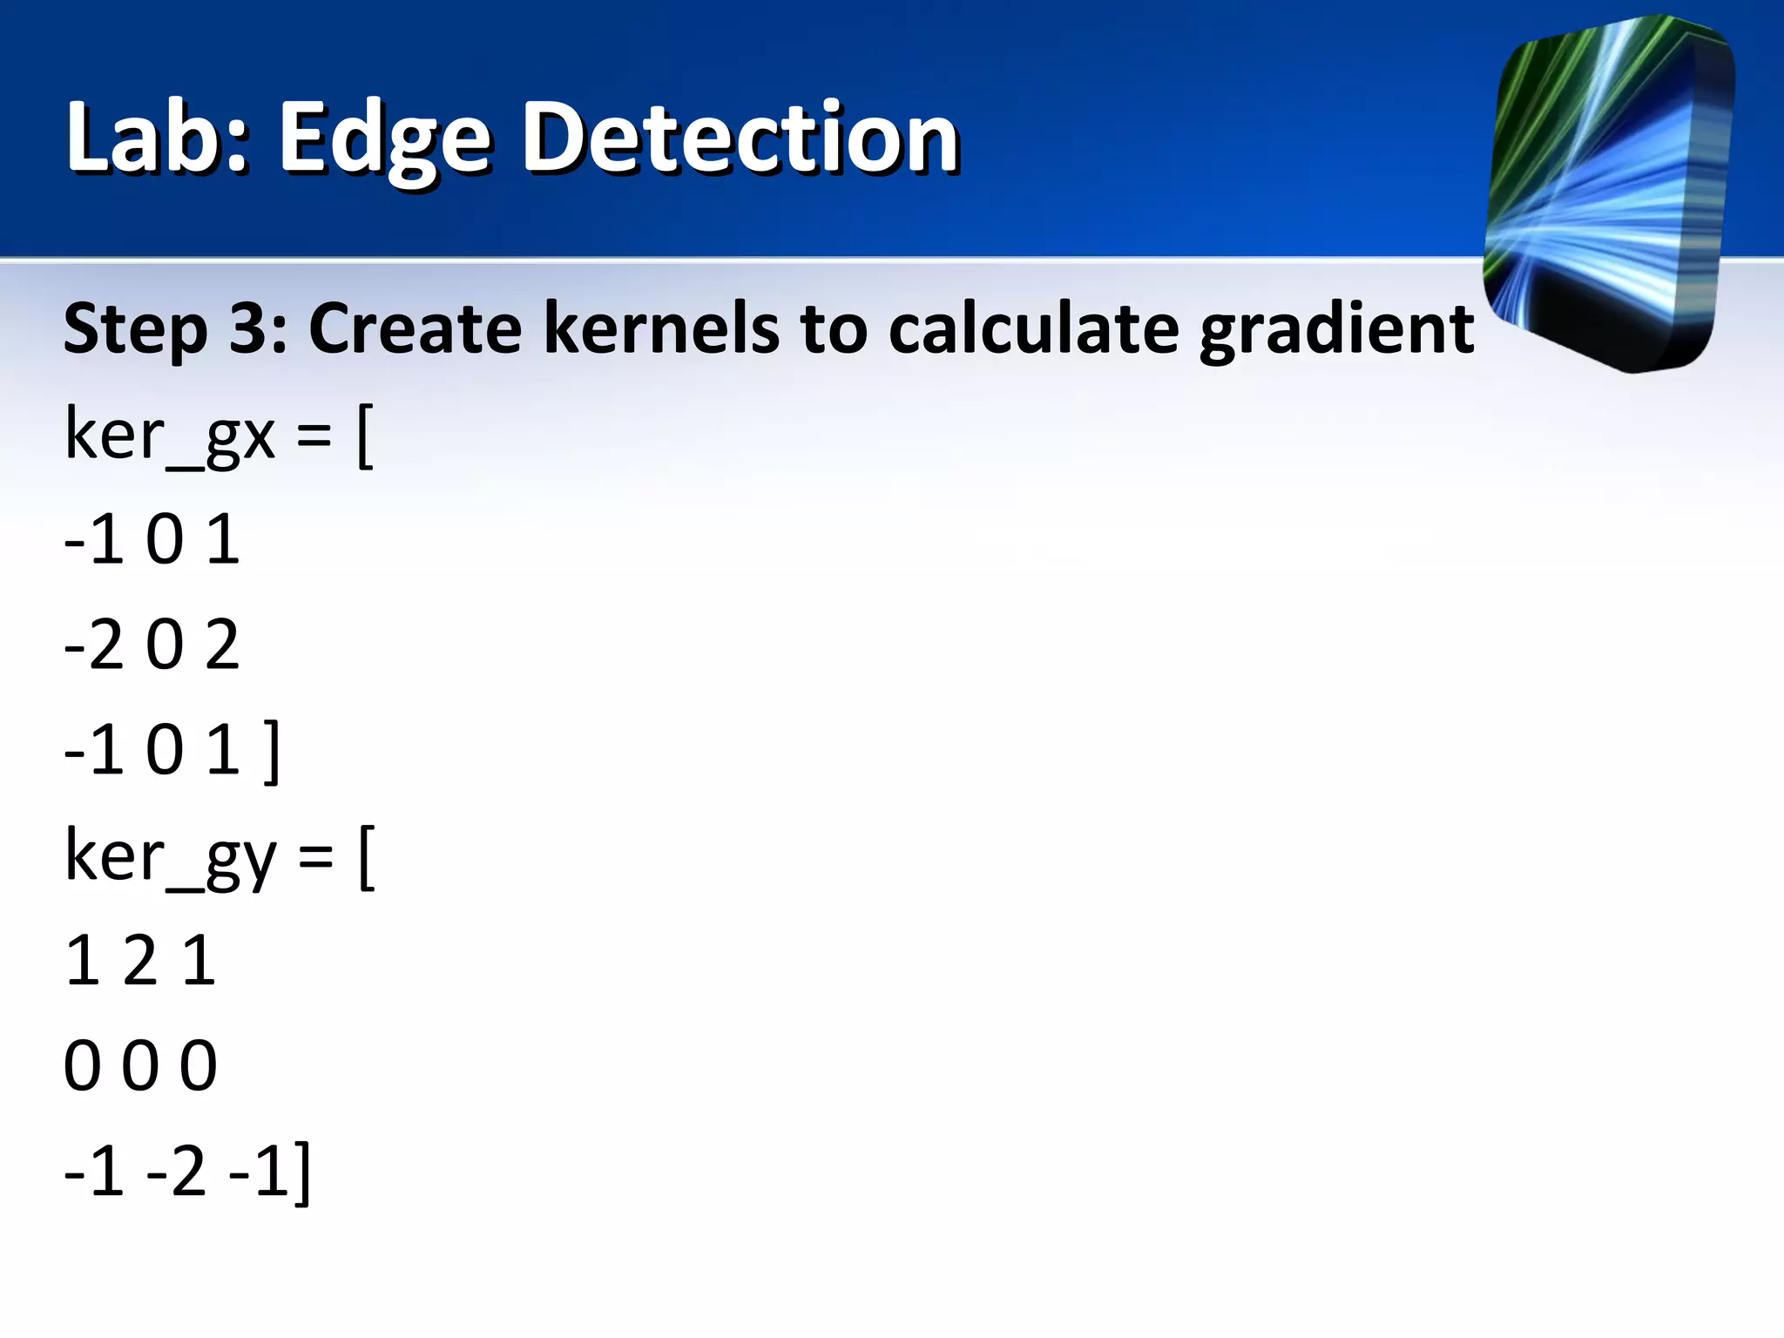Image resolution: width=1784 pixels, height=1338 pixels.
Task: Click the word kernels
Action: point(661,328)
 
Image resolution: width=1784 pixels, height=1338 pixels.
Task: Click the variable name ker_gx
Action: point(170,436)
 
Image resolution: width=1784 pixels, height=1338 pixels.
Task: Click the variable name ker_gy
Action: point(171,857)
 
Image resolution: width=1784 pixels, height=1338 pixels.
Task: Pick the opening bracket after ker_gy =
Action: point(367,859)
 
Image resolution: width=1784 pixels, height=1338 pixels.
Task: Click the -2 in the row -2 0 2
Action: point(94,645)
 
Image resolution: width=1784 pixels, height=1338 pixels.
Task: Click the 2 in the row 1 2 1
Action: point(139,962)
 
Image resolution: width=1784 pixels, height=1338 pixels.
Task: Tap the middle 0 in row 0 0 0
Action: point(139,1066)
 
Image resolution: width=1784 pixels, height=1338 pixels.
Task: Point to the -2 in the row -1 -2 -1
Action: point(176,1172)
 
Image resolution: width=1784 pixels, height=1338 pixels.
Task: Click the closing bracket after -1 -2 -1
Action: point(301,1173)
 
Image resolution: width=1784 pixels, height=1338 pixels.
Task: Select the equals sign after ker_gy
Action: point(315,857)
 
